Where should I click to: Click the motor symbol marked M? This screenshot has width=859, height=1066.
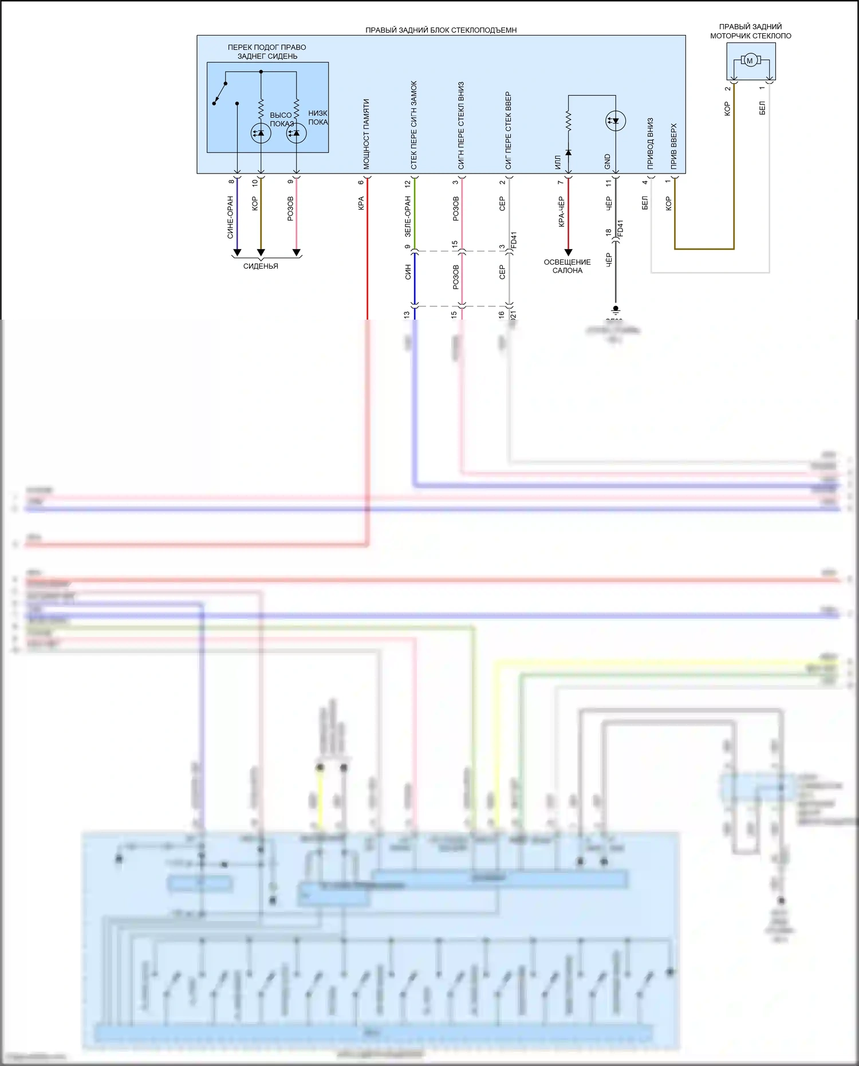click(750, 60)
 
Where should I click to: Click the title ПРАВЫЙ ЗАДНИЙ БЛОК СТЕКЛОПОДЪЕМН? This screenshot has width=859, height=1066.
click(441, 30)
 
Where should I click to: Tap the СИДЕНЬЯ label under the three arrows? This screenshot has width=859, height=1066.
click(261, 266)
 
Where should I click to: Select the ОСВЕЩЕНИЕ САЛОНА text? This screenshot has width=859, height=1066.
click(567, 266)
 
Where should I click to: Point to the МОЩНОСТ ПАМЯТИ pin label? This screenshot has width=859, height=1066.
click(367, 134)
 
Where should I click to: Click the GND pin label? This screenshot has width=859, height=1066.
click(608, 162)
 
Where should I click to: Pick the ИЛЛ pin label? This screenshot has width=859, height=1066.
click(558, 163)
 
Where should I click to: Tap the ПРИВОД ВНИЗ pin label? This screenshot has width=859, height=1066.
click(651, 144)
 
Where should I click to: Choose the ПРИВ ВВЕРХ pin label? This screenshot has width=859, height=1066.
click(674, 147)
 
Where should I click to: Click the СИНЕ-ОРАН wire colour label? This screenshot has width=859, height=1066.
click(230, 218)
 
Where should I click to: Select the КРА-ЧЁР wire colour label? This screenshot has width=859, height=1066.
click(561, 212)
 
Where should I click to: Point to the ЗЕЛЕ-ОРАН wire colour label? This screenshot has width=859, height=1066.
click(408, 217)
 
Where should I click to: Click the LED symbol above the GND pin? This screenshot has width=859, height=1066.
click(616, 121)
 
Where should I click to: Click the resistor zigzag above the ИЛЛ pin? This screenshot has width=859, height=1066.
click(568, 121)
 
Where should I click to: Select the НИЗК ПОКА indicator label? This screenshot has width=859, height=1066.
click(318, 117)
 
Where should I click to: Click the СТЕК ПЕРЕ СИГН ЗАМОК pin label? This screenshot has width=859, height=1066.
click(414, 125)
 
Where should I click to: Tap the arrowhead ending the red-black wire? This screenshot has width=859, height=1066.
click(568, 252)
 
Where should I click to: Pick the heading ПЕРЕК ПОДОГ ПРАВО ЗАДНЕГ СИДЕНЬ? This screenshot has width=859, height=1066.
click(267, 52)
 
